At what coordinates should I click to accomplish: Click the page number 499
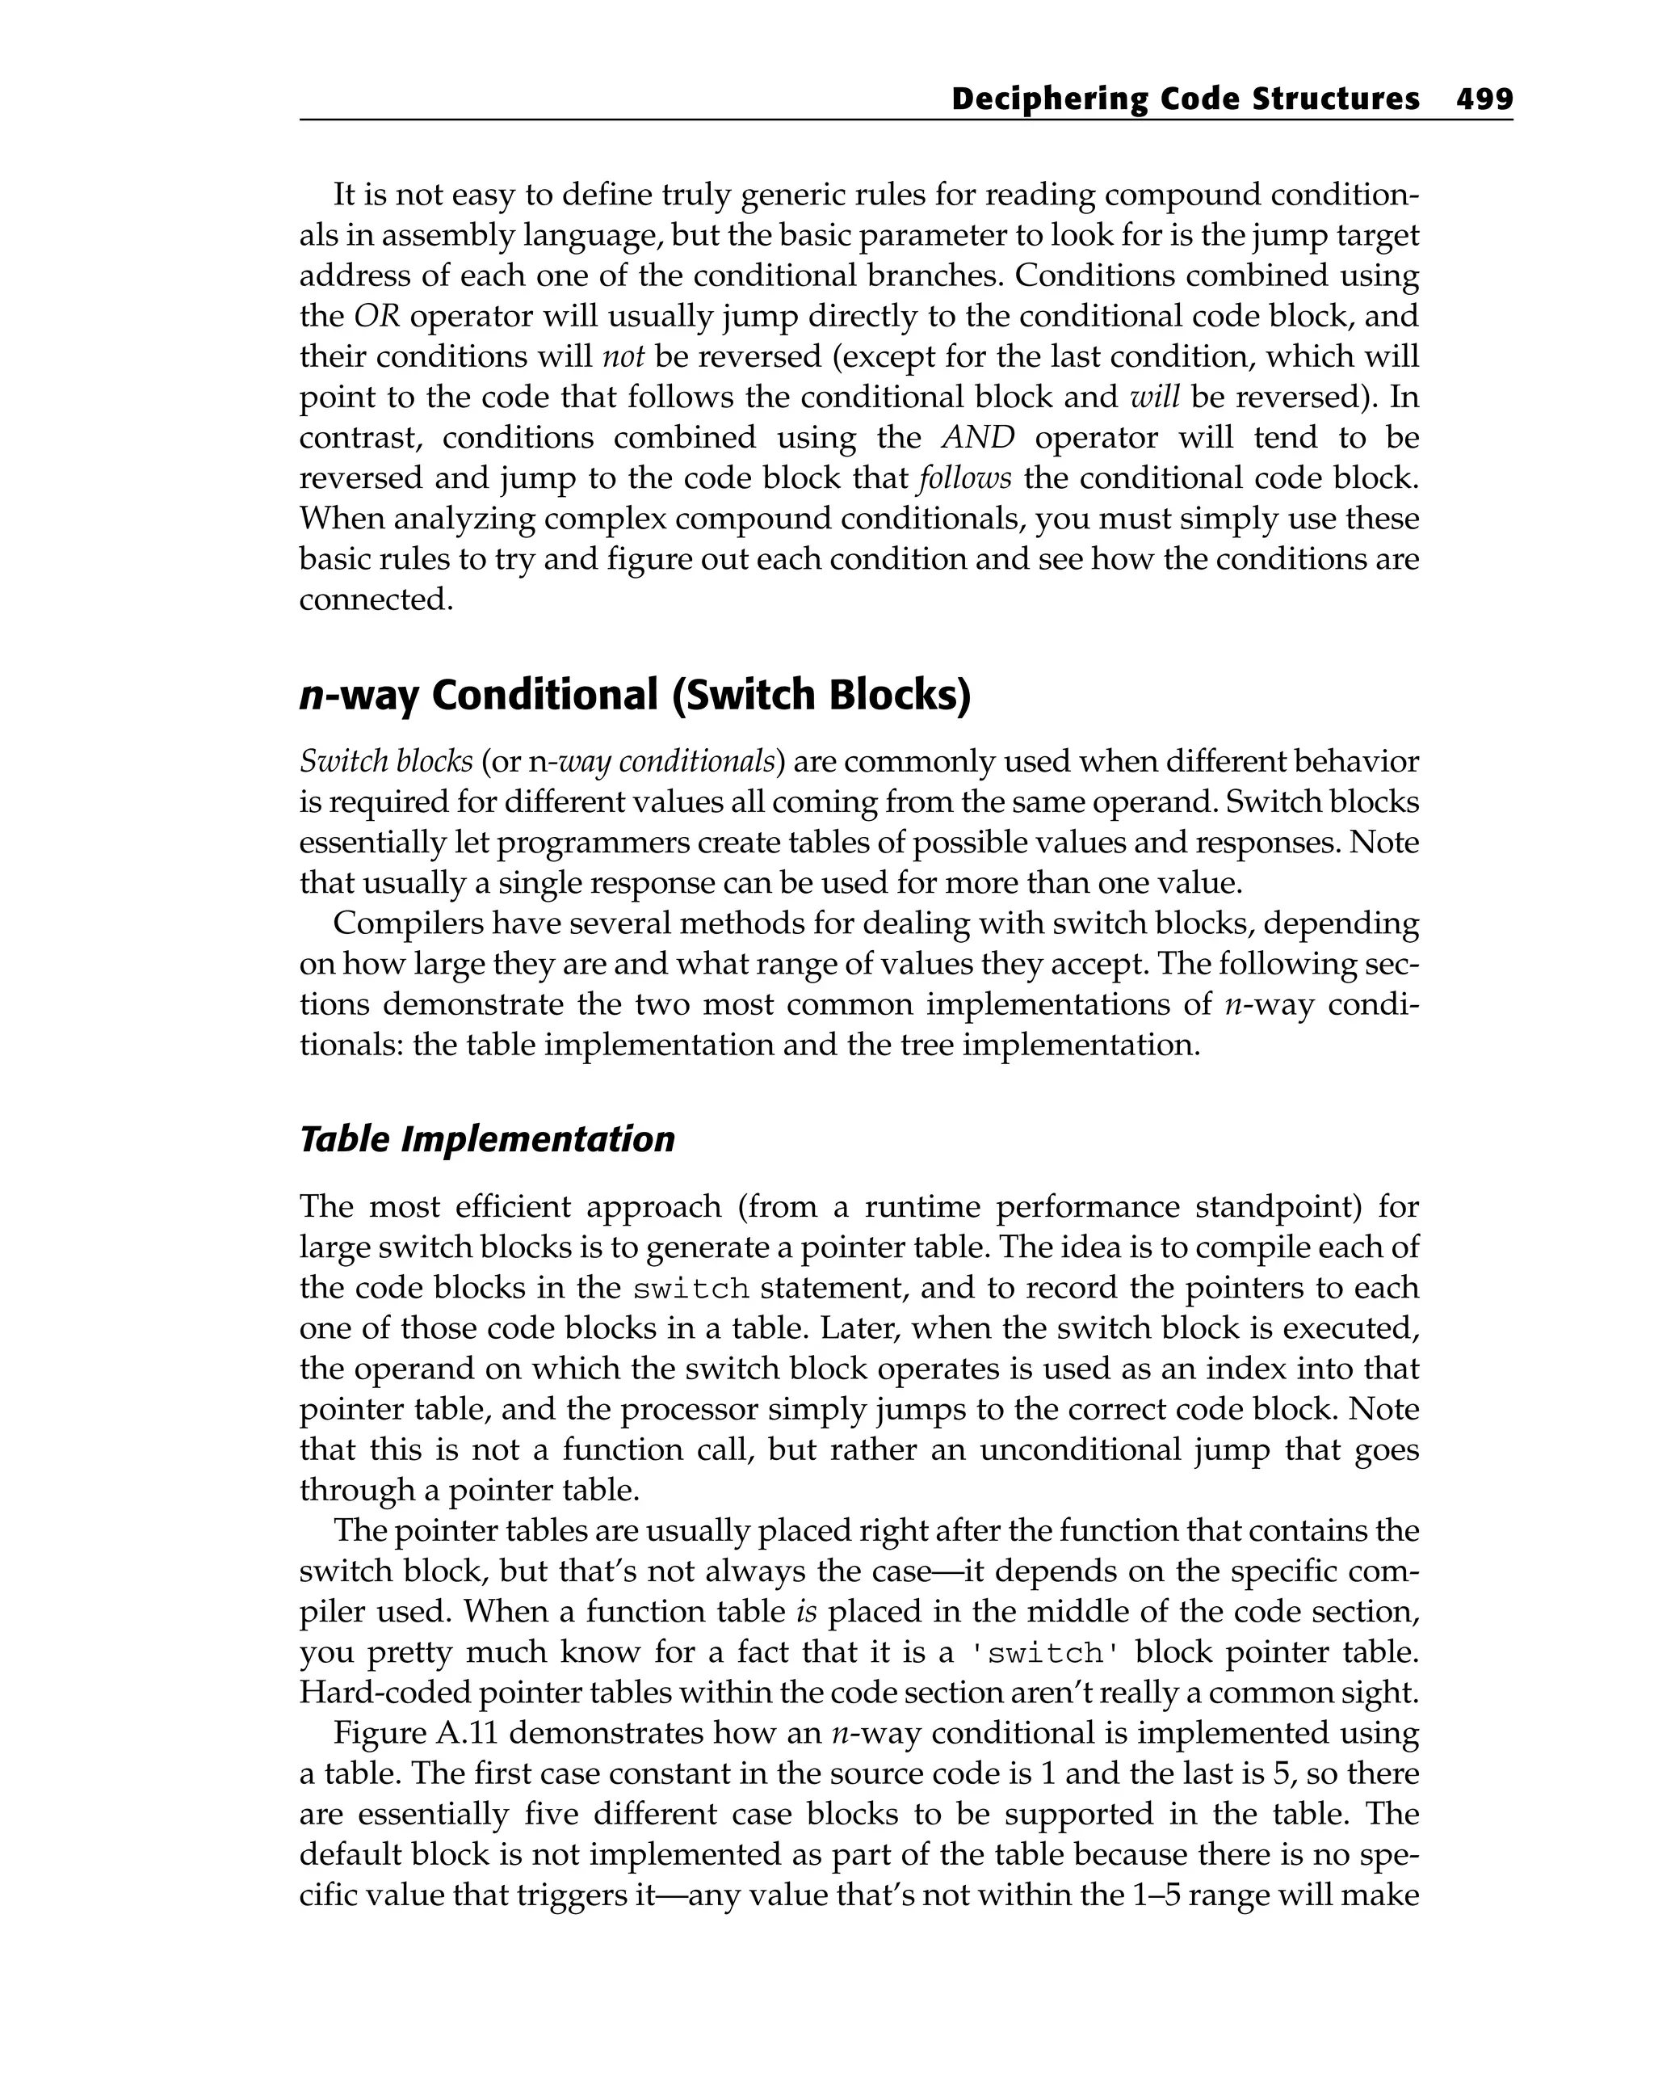coord(1484,99)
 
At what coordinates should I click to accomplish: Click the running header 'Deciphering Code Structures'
coord(1185,99)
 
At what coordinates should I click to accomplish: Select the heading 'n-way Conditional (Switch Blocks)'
coord(635,695)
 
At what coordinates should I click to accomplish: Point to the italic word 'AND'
coord(978,438)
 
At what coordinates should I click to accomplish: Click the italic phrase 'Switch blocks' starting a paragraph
coord(385,761)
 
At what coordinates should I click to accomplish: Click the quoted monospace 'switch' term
coord(1044,1653)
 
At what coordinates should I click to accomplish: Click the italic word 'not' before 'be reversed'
coord(622,357)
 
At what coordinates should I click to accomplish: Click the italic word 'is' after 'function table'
coord(807,1611)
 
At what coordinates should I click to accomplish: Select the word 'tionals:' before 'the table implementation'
coord(351,1045)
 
